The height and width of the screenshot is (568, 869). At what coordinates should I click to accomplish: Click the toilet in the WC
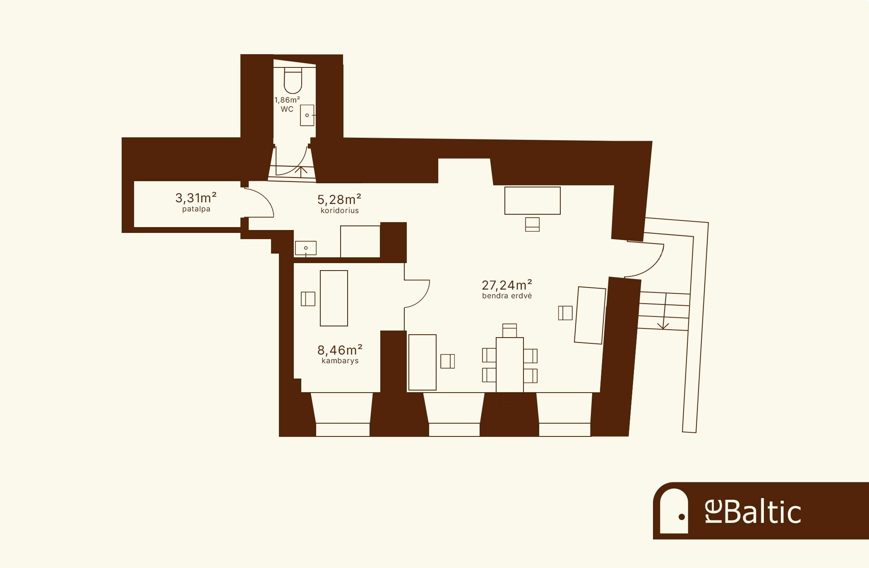pos(293,81)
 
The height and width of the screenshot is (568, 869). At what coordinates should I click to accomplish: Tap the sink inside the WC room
pos(307,115)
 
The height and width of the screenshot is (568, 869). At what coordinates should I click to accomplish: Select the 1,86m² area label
pos(287,100)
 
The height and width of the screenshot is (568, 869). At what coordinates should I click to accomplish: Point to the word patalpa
pos(196,209)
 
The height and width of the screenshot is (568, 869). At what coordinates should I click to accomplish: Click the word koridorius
pos(340,211)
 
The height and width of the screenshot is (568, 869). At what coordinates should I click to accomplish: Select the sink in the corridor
pos(306,248)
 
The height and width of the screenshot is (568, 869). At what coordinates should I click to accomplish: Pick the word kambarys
pos(340,361)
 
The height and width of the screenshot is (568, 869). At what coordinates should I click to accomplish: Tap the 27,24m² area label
pos(507,285)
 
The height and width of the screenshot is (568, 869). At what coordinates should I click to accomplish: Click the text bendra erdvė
pos(507,296)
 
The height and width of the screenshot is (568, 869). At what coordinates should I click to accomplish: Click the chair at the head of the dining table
pos(510,331)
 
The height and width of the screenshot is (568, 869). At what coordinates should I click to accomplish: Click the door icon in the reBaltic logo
pos(674,511)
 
